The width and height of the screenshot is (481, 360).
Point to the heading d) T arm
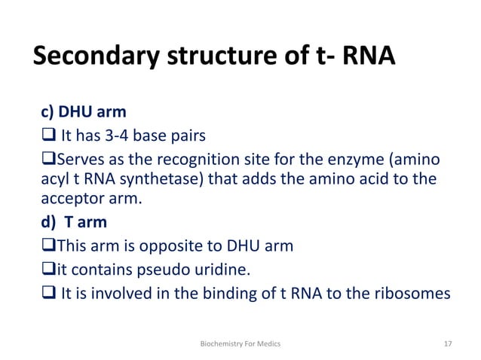73,222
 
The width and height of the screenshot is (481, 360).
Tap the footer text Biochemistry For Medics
240,343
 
